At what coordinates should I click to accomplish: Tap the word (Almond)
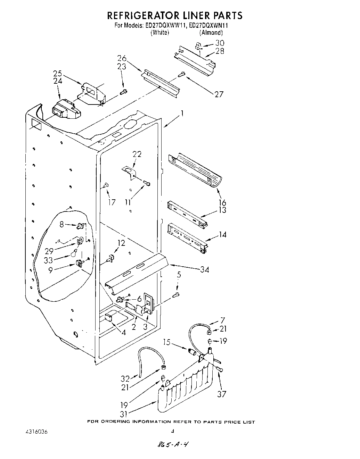[211, 32]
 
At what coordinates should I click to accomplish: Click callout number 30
[220, 43]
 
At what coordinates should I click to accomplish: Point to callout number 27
[219, 94]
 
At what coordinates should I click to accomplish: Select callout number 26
[122, 58]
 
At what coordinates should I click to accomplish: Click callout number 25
[58, 74]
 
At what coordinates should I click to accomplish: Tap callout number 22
[137, 154]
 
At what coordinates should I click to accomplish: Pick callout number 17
[112, 202]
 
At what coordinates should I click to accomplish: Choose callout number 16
[222, 202]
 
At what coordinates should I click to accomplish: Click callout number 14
[222, 234]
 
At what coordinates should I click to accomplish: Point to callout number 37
[221, 394]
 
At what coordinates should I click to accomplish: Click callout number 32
[124, 378]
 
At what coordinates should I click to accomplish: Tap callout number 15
[167, 342]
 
